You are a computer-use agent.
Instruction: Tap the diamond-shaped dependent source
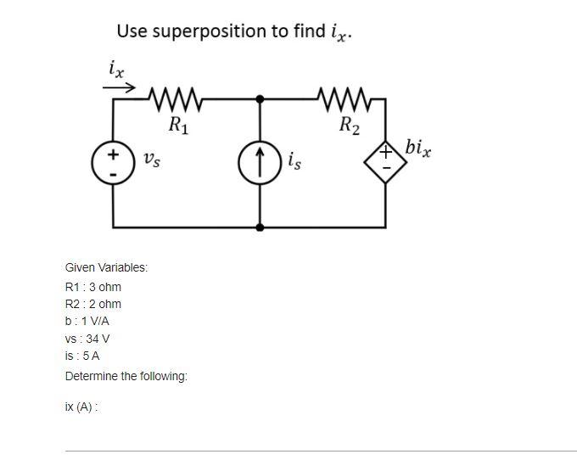pos(387,161)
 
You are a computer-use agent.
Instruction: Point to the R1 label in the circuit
pos(178,127)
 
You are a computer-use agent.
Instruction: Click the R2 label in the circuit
pos(349,127)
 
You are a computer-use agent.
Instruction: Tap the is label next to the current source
pos(294,159)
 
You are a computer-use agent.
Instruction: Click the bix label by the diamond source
pos(418,149)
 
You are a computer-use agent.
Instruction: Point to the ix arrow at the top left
pos(119,83)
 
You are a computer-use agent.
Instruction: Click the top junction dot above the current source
pos(260,99)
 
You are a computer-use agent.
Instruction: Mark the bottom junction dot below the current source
pos(260,227)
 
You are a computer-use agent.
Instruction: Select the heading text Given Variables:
pos(106,267)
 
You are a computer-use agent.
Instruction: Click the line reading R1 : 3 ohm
pos(93,286)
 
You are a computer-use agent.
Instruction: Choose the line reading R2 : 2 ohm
pos(93,304)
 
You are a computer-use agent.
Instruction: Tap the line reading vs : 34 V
pos(87,339)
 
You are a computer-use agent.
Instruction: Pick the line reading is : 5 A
pos(82,356)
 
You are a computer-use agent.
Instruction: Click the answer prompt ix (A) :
pos(81,407)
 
